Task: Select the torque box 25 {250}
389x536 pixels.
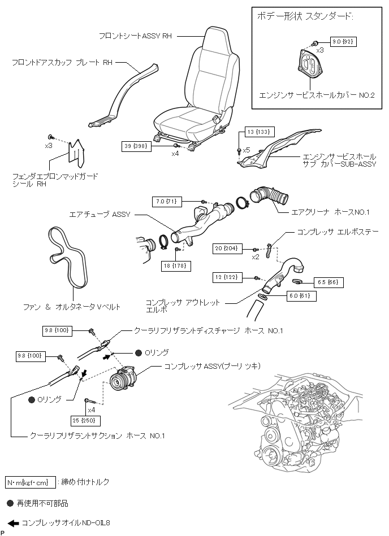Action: point(87,421)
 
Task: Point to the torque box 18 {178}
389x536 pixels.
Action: point(176,265)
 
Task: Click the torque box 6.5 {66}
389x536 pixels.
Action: point(327,281)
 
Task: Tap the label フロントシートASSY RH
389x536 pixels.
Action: point(135,36)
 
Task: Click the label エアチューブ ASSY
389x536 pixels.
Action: point(100,215)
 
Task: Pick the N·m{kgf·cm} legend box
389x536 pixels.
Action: point(31,482)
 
